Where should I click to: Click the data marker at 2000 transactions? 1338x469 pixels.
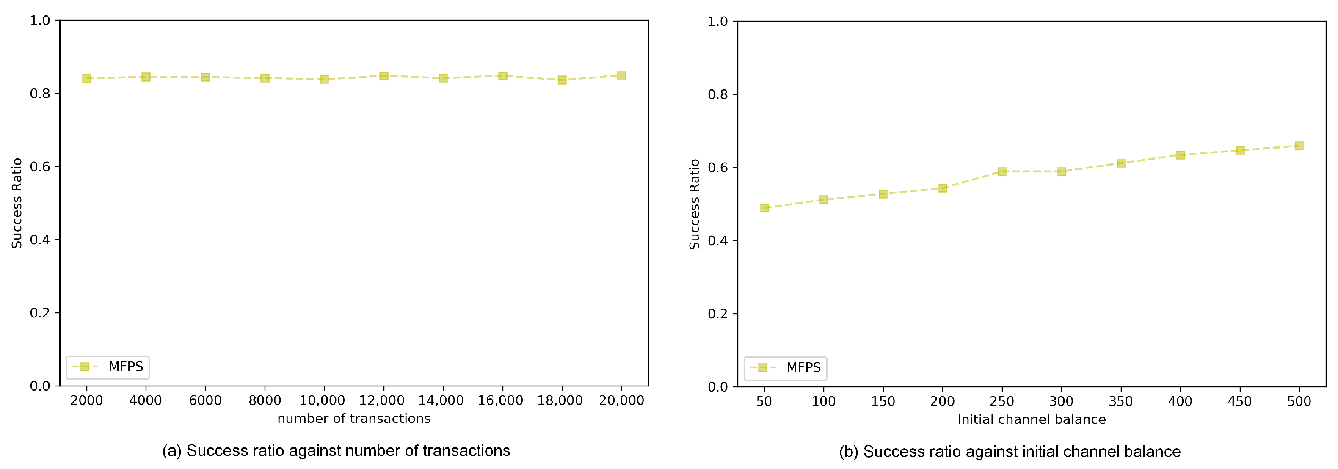tap(87, 78)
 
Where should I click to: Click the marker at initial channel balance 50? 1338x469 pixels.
tap(764, 208)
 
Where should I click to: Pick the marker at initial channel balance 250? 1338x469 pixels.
tap(1002, 171)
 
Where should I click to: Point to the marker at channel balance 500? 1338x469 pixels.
tap(1299, 146)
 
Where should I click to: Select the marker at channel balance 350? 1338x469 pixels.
tap(1121, 163)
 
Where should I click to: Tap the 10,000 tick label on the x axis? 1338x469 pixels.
tap(323, 400)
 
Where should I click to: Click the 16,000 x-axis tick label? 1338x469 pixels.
tap(501, 400)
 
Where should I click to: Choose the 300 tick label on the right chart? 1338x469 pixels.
tap(1061, 401)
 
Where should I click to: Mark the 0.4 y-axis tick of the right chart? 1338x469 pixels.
tap(718, 241)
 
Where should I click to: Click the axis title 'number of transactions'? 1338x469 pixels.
tap(354, 419)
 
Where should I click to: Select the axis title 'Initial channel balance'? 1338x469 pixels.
tap(1032, 419)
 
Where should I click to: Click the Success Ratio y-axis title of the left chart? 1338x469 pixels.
tap(17, 203)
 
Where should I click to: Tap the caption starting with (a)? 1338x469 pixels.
tap(336, 451)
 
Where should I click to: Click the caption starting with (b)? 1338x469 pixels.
tap(1010, 452)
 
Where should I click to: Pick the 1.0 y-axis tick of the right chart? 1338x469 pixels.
tap(718, 21)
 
